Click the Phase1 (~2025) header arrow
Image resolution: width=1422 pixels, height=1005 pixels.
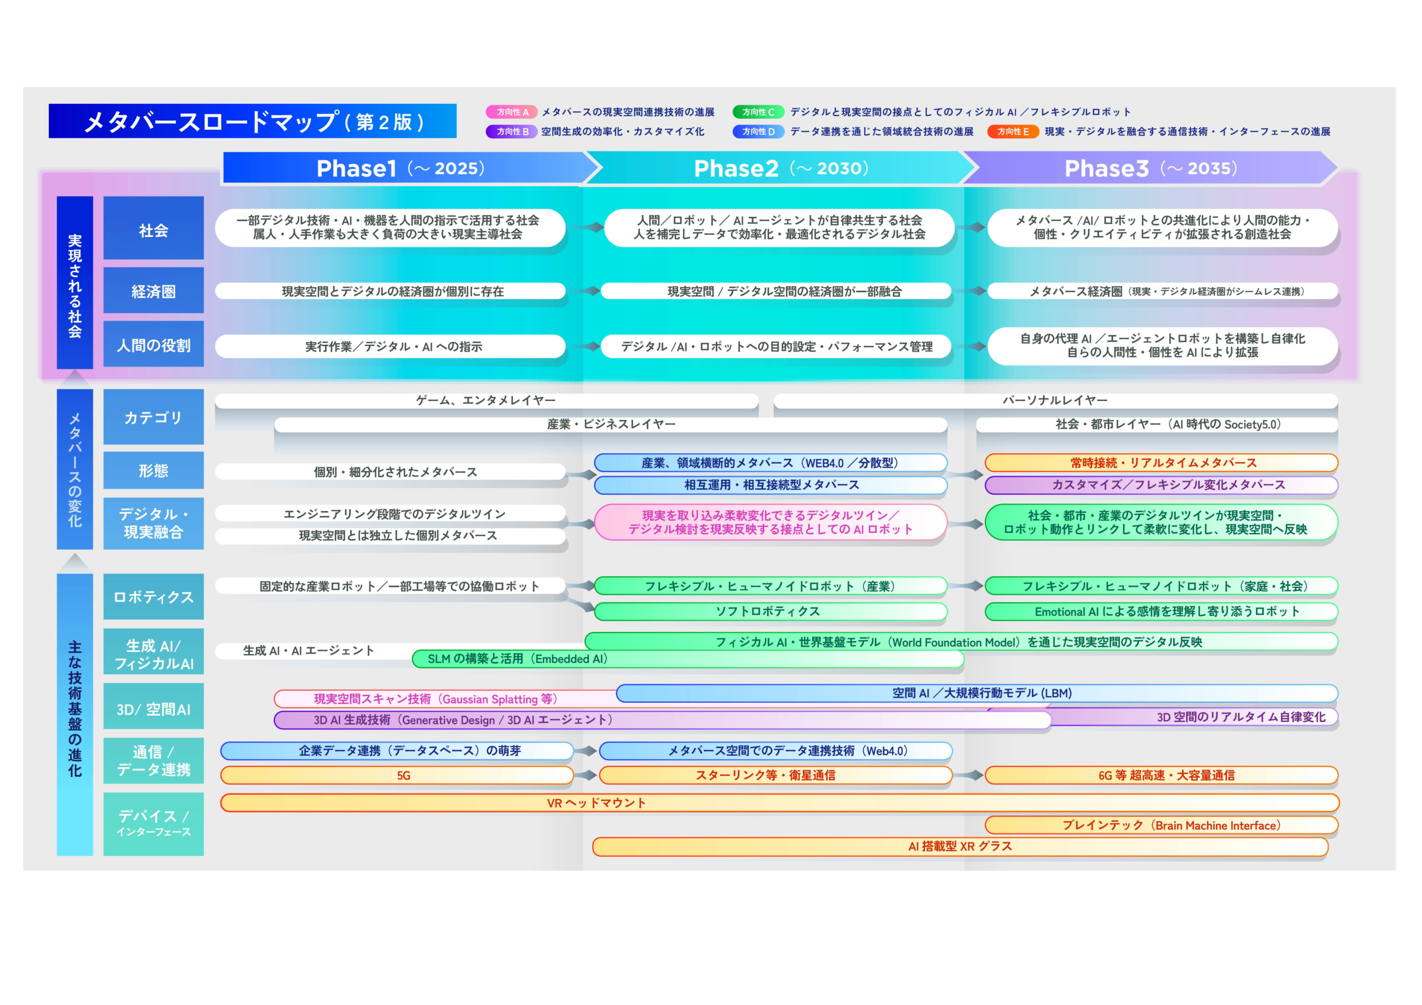tap(409, 168)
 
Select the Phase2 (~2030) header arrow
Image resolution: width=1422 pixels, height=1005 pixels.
tap(782, 168)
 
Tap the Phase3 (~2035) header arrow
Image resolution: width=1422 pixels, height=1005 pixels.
tap(1151, 168)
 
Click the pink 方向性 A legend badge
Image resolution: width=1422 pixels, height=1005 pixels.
tap(512, 112)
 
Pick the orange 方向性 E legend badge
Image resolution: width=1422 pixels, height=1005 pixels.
tap(1013, 131)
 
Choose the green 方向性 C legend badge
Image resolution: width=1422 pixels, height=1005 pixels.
tap(758, 112)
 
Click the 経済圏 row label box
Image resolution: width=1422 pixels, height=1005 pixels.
tap(154, 290)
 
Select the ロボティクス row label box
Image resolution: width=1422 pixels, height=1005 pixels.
tap(154, 596)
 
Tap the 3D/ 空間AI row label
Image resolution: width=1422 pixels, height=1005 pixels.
tap(154, 709)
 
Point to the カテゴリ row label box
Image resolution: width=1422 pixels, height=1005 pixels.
tap(154, 417)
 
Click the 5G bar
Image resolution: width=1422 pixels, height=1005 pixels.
tap(397, 775)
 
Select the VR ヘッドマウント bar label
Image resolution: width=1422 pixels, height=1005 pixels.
tap(597, 803)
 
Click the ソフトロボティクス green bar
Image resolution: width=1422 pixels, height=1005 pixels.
tap(770, 611)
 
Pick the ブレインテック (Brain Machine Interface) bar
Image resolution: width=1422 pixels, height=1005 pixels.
tap(1161, 826)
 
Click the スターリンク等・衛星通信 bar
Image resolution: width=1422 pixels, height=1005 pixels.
tap(775, 775)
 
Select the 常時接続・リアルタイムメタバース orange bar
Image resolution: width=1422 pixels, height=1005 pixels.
tap(1161, 463)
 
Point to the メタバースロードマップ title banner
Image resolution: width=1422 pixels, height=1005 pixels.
tap(253, 120)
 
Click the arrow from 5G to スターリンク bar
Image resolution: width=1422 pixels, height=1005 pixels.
tap(586, 775)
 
